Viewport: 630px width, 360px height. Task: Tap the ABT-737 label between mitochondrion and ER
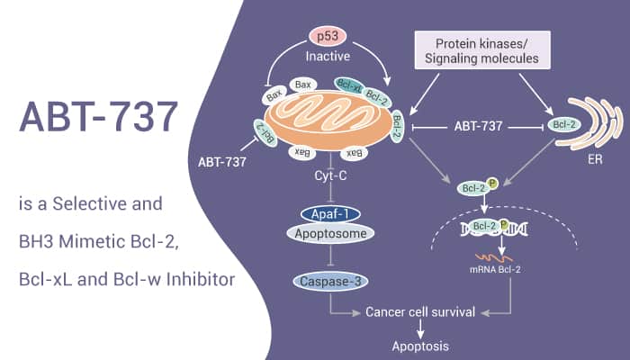pos(478,126)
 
